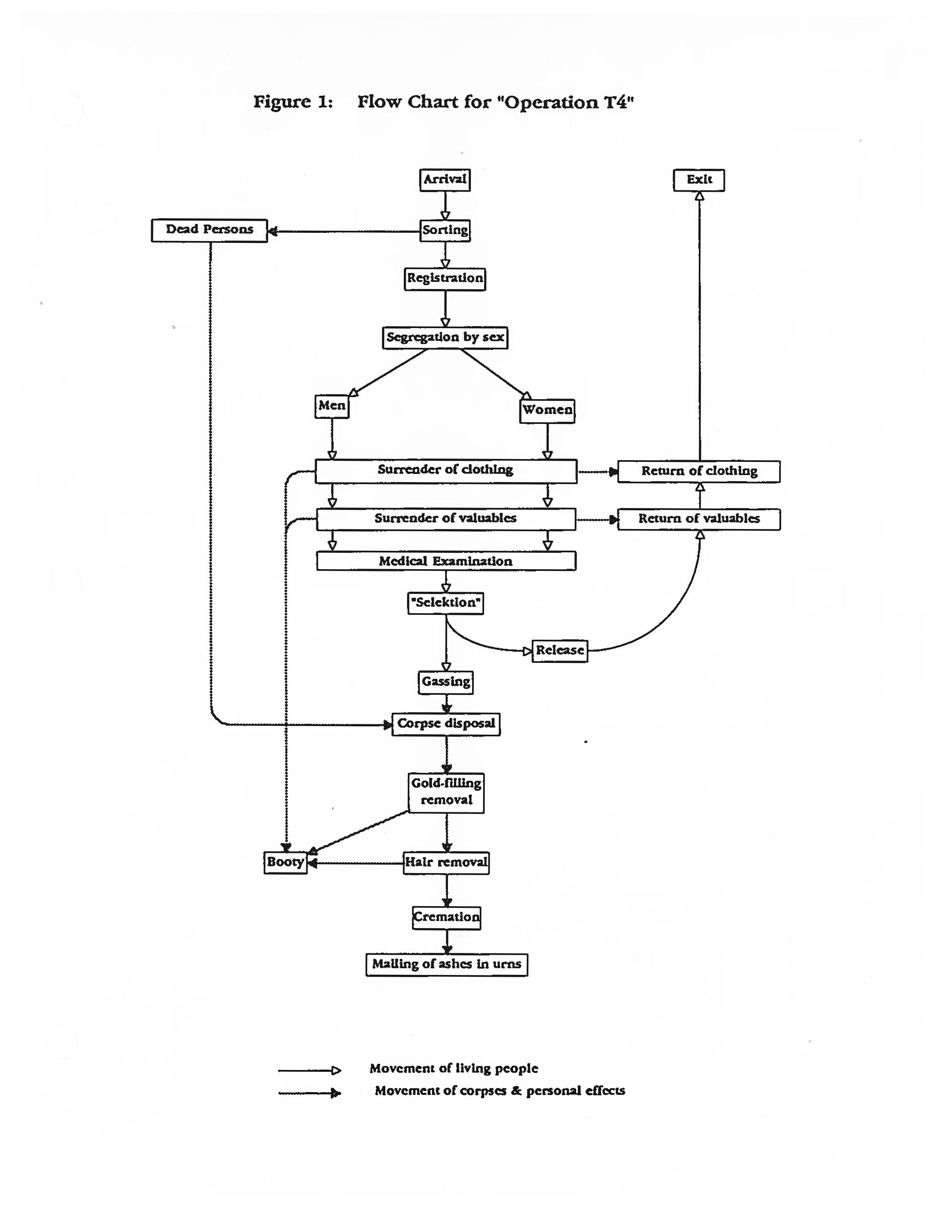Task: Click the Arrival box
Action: [x=445, y=180]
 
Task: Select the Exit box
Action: [x=698, y=180]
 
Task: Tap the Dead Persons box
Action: [x=209, y=230]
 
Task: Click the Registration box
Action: [x=445, y=279]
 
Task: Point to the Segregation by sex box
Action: [x=445, y=337]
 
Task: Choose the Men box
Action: [x=332, y=406]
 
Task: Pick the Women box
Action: [x=547, y=410]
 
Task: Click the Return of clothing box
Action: [x=698, y=471]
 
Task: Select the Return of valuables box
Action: [x=698, y=519]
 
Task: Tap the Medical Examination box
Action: [x=446, y=561]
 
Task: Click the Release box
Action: [x=559, y=650]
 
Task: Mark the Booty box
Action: [x=285, y=862]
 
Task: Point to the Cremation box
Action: [x=446, y=917]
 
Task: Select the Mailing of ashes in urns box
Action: [x=446, y=964]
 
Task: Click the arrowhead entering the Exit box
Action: [x=699, y=196]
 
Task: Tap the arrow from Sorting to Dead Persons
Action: [x=345, y=231]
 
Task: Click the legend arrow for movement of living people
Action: [x=309, y=1070]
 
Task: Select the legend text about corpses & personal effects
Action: [x=499, y=1090]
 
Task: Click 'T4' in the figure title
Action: [x=614, y=102]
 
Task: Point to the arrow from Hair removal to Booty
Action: [x=356, y=863]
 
